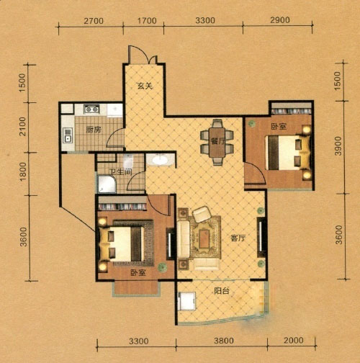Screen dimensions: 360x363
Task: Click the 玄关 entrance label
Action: coord(145,86)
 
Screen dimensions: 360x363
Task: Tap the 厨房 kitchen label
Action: coord(94,130)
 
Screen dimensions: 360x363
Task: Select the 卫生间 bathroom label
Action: coord(120,172)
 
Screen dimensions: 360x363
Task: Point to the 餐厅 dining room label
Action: coord(218,141)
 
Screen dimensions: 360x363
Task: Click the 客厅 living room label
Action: coord(238,238)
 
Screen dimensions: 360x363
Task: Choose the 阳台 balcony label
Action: coord(222,291)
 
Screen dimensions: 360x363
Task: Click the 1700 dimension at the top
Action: coord(147,21)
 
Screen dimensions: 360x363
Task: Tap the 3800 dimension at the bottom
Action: coord(224,341)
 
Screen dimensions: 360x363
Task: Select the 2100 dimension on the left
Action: coord(22,127)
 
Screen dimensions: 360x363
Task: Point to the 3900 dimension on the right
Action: coord(338,146)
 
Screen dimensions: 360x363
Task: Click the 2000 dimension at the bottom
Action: coord(294,340)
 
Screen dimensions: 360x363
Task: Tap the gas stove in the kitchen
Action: coord(91,109)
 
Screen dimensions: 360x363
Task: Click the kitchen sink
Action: coord(68,135)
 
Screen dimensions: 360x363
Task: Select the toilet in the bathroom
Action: coord(128,161)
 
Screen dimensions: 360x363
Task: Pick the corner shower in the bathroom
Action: coord(107,184)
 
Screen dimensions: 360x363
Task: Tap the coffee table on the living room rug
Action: coord(204,239)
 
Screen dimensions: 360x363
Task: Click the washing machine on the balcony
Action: coord(186,301)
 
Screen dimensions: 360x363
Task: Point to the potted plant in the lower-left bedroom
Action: coord(162,267)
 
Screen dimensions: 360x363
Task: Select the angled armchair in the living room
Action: coord(202,214)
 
